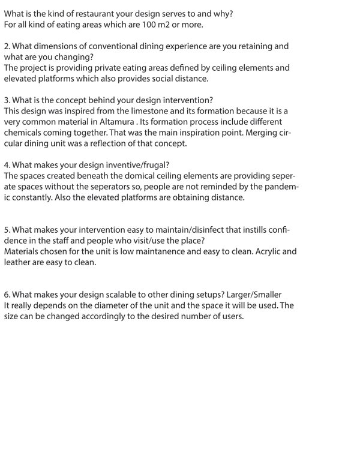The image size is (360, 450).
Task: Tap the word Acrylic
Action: [265, 252]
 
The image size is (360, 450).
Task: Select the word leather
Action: [17, 263]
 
